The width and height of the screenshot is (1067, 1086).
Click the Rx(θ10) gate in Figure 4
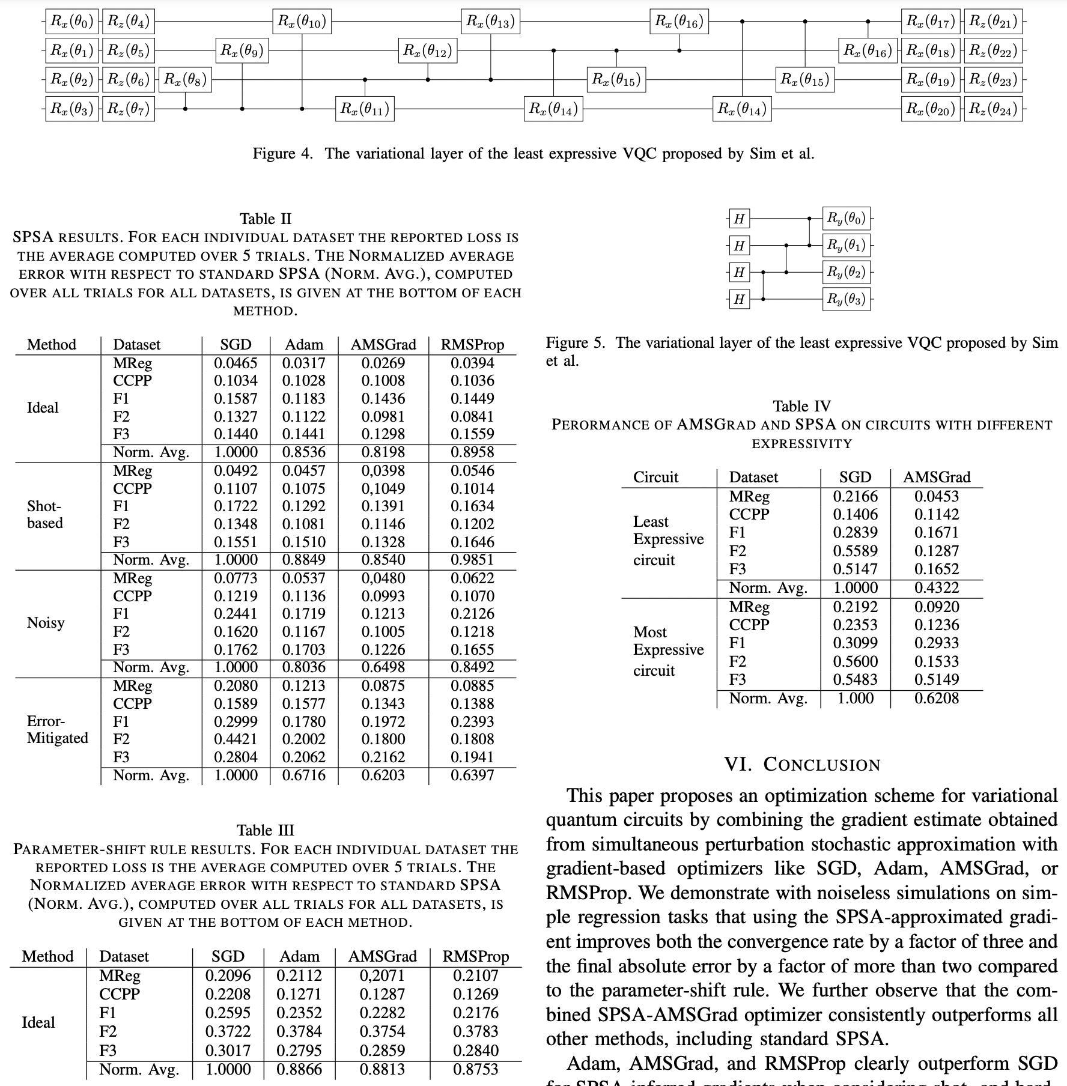tap(302, 22)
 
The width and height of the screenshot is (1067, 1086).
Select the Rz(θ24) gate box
tap(993, 109)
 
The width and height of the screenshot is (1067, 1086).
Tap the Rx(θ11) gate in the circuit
tap(365, 109)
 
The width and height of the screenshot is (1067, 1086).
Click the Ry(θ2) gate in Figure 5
tap(846, 272)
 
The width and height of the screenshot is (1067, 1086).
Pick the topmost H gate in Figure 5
tap(739, 219)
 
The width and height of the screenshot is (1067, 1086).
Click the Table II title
tap(266, 219)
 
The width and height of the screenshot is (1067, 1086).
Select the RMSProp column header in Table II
tap(472, 344)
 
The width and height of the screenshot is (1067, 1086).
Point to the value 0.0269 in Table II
tap(383, 363)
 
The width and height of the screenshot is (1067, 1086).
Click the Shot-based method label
tap(45, 514)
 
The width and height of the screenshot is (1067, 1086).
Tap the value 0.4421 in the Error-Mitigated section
tap(236, 739)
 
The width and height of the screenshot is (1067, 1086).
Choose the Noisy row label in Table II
tap(46, 622)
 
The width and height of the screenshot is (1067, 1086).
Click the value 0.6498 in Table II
tap(383, 667)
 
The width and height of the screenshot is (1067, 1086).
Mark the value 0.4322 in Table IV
tap(937, 587)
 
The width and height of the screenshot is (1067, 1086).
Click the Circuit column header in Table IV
tap(655, 477)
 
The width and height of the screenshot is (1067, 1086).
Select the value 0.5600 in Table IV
tap(855, 661)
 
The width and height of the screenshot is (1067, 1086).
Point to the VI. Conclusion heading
tap(802, 765)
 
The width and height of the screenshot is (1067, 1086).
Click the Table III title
tap(266, 830)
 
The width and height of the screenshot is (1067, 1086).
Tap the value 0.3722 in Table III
tap(228, 1031)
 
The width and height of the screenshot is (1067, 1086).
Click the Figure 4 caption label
tap(282, 154)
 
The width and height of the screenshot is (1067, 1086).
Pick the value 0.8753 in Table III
tap(475, 1069)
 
